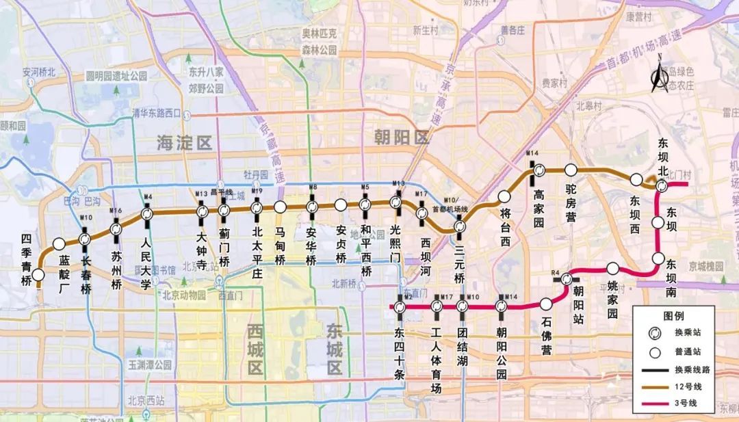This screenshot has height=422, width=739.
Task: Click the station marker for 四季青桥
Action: pos(39,275)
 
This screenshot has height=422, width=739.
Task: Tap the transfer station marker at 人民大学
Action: pos(147,214)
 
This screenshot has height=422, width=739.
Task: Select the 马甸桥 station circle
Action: pos(279,207)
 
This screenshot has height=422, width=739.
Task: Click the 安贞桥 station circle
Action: pos(340,205)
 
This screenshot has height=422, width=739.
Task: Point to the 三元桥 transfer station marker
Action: pos(461,226)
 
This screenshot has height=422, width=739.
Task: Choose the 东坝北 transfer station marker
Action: pos(662,185)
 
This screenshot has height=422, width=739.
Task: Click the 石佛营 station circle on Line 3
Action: pos(546,304)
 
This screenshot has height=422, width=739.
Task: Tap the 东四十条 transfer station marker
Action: pos(400,307)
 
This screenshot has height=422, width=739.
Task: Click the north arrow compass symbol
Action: pos(660,77)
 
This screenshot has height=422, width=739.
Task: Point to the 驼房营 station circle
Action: pos(571,170)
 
